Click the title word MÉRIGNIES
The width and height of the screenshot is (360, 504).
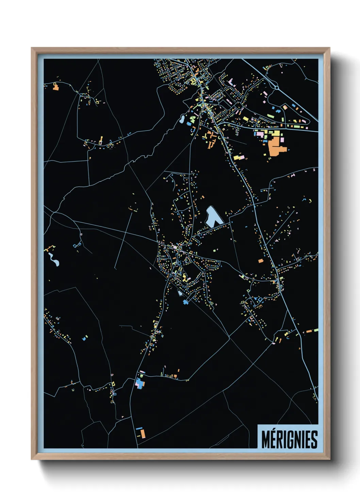tap(289, 439)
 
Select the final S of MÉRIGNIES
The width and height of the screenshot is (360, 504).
tap(314, 440)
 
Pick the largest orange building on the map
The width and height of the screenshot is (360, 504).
tap(276, 146)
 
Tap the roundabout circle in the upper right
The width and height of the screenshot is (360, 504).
tap(277, 88)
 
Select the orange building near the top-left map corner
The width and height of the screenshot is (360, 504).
tap(56, 87)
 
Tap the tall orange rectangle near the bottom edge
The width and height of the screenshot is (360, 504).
tap(143, 434)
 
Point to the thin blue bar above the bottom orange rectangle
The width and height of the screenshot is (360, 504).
tap(139, 428)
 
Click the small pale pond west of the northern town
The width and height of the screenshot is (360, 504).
tap(182, 120)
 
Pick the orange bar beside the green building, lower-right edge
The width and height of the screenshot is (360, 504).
tap(309, 331)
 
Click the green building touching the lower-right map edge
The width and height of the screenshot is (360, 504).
tap(316, 330)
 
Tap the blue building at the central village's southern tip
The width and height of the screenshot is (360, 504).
tap(185, 302)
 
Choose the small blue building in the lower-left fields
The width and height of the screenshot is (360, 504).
tap(84, 339)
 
